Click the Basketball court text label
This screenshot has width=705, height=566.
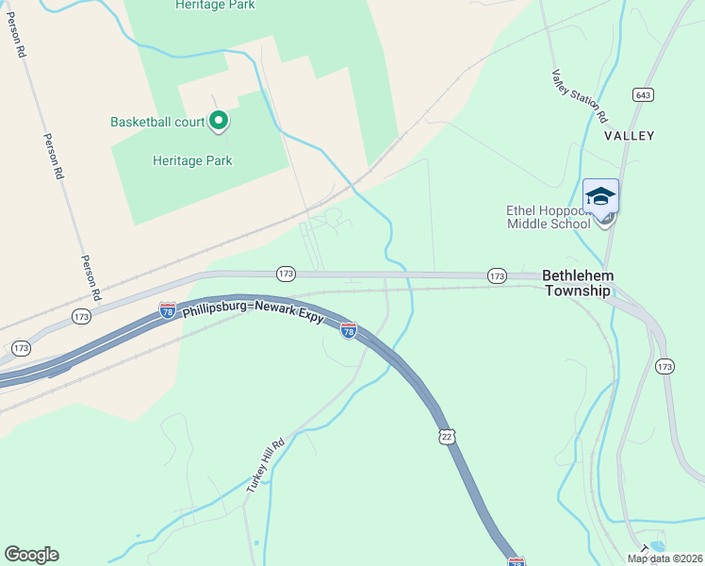pos(157,122)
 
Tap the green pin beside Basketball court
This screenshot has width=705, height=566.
pos(219,121)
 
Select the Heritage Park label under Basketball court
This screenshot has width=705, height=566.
pos(192,160)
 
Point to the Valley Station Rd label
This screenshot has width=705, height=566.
pos(579,97)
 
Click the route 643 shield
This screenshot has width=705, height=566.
pos(644,95)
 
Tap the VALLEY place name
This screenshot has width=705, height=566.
pos(629,136)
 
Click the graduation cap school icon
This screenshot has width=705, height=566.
pos(600,196)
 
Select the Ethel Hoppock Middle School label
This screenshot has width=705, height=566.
pos(549,216)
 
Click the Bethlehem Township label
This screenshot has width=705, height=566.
pos(578,282)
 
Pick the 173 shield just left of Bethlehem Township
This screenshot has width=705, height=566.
pos(498,275)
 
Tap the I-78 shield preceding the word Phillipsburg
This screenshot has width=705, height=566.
pos(167,310)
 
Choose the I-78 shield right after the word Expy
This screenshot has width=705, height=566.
pos(348,330)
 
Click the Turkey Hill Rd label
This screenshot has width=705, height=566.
pos(265,466)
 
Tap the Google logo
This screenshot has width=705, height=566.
pos(31,555)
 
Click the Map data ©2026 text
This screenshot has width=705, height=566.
pos(664,558)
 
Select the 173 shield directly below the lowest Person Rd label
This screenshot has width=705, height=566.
pos(82,317)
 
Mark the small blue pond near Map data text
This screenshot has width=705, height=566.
pos(657,546)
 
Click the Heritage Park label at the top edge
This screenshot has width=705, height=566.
pos(215,5)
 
